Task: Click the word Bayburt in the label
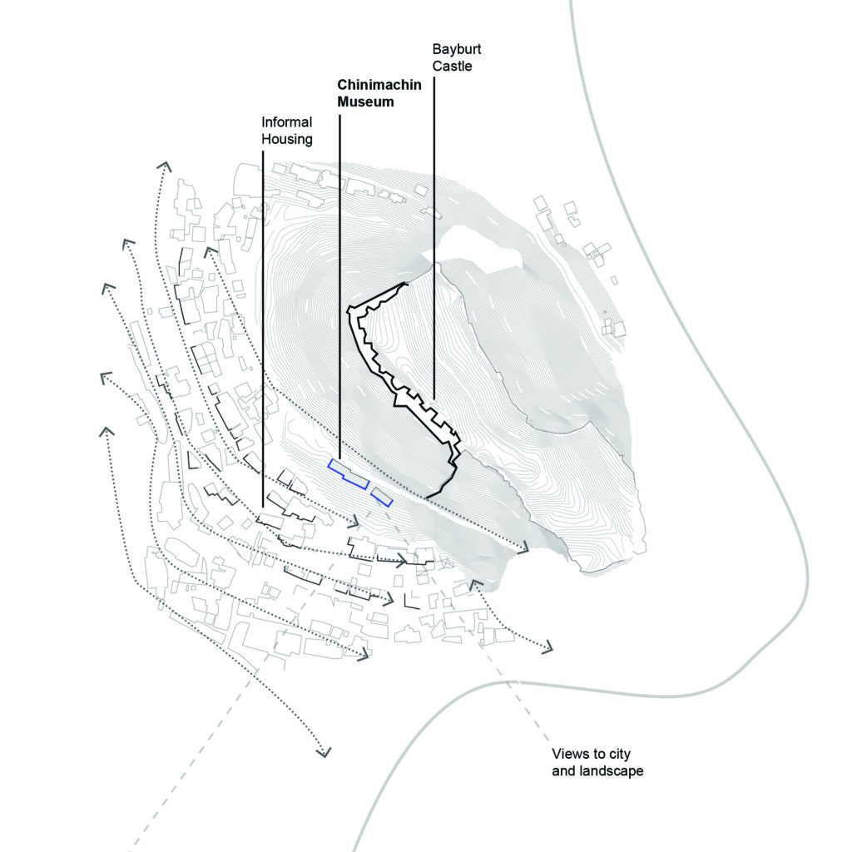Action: click(x=457, y=49)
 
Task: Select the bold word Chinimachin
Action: click(x=379, y=86)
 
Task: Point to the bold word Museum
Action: click(x=365, y=103)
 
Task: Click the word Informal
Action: click(x=287, y=122)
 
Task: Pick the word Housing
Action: click(x=287, y=139)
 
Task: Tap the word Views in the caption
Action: click(x=570, y=755)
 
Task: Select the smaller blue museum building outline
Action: click(x=382, y=497)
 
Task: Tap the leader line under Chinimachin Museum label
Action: click(x=339, y=291)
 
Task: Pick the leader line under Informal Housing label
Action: click(x=262, y=333)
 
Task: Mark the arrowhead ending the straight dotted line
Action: click(x=523, y=548)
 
